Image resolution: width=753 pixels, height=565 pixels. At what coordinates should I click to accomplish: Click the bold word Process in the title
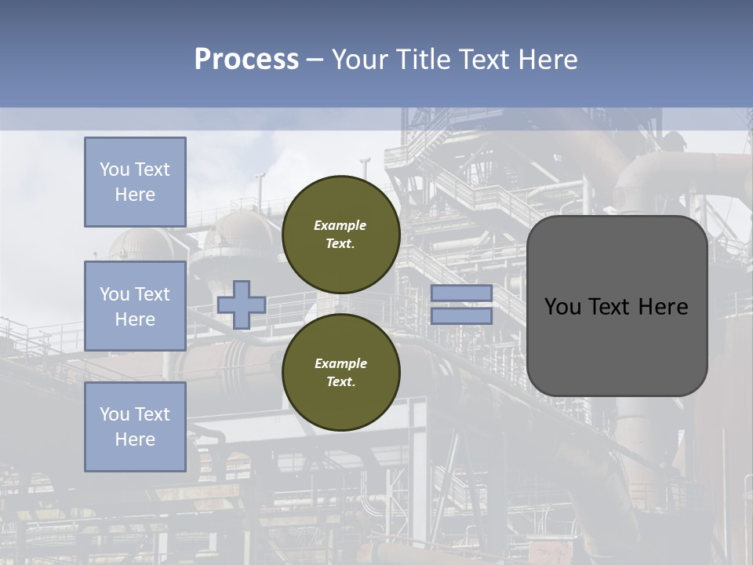click(246, 60)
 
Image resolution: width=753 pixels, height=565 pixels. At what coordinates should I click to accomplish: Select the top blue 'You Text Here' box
click(135, 182)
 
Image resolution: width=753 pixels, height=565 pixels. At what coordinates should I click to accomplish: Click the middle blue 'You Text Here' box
click(135, 306)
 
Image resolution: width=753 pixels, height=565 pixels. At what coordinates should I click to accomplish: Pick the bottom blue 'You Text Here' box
click(135, 426)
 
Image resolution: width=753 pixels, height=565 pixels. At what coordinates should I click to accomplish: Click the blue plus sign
click(242, 304)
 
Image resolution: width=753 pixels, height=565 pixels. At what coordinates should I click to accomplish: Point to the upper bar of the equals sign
click(461, 293)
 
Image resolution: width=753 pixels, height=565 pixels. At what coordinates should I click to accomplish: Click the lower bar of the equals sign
click(461, 315)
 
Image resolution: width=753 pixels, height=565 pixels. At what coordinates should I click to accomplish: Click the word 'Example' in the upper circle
click(340, 225)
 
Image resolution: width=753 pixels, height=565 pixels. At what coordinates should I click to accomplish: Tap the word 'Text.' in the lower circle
click(340, 382)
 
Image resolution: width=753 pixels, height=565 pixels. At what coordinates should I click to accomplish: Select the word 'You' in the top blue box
click(115, 169)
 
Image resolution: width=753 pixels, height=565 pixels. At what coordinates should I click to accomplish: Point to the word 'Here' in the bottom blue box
click(135, 439)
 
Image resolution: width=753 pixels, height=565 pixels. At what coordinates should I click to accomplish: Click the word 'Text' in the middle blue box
click(151, 294)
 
